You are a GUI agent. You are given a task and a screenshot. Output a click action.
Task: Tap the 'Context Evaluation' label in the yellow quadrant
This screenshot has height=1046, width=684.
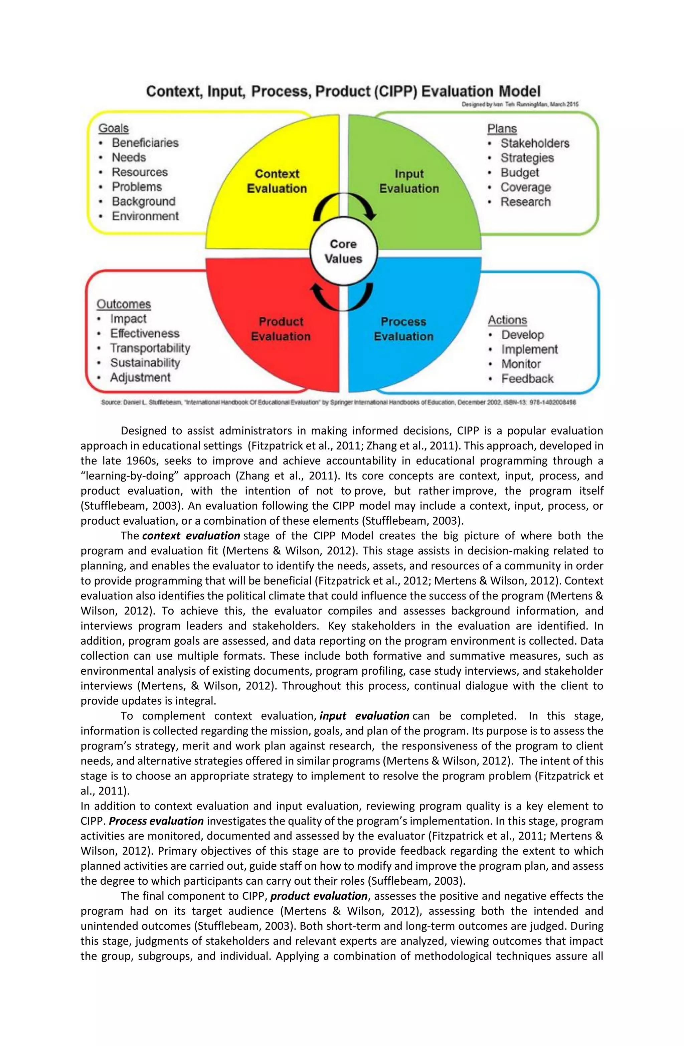pos(277,181)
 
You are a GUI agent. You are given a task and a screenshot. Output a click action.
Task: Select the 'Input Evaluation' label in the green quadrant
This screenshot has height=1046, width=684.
pos(409,181)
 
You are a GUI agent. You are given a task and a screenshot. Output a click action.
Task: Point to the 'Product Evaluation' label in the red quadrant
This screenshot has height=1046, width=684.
pos(281,329)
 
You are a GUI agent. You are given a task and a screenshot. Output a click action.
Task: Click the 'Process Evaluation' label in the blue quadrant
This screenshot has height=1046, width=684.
pos(403,329)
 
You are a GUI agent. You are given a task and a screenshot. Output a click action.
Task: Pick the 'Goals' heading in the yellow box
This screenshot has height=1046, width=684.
pos(114,128)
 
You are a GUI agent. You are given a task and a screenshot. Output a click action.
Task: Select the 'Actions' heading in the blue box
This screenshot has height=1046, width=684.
pos(507,320)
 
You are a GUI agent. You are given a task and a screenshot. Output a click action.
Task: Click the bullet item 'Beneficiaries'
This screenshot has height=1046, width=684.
pos(145,143)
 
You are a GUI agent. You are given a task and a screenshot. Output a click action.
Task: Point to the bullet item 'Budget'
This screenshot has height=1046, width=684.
pos(520,172)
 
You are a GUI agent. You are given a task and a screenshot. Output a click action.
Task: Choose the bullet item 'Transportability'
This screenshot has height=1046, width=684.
pos(150,348)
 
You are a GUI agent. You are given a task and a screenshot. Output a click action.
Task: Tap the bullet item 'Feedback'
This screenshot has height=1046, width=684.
pos(527,378)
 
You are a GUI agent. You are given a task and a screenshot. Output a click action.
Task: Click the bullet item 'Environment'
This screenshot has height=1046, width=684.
pos(145,216)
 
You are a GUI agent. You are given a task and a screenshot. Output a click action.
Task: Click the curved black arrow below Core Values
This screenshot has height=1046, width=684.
pos(342,297)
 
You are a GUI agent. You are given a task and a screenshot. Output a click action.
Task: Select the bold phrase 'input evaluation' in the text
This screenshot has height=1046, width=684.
pos(364,716)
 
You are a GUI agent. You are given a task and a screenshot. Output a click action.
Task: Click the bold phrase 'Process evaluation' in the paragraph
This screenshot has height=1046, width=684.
pos(156,821)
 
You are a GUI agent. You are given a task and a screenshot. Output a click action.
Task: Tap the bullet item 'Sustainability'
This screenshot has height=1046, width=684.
pos(145,363)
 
